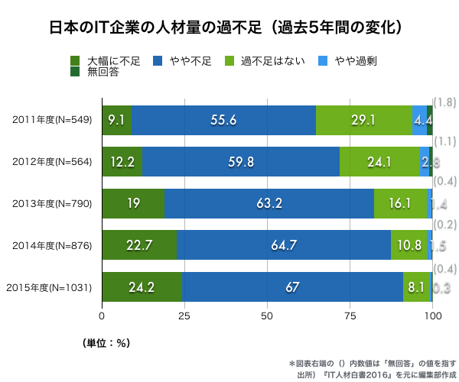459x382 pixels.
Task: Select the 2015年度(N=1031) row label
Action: (x=49, y=287)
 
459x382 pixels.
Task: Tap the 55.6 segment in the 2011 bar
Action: (x=223, y=120)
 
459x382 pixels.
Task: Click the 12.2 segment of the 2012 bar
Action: (x=122, y=162)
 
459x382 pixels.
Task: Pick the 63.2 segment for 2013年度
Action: (x=269, y=203)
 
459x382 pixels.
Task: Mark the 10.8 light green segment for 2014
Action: (x=408, y=245)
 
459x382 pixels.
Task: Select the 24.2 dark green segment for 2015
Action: (x=142, y=286)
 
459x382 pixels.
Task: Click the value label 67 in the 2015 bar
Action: (x=291, y=287)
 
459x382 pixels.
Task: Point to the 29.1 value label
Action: (x=363, y=120)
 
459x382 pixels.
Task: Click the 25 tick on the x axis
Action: (x=184, y=315)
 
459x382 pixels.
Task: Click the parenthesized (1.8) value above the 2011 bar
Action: (x=445, y=102)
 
